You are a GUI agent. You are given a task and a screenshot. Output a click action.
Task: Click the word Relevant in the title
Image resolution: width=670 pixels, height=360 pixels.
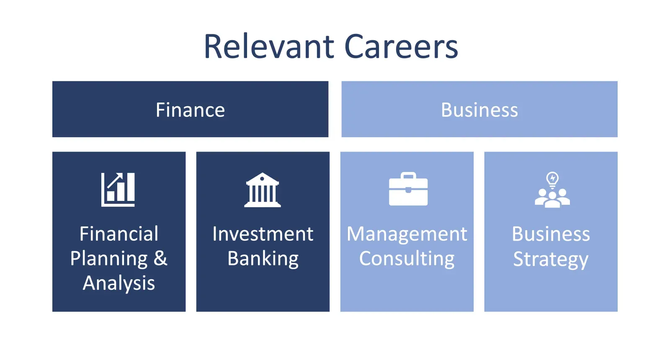[269, 47]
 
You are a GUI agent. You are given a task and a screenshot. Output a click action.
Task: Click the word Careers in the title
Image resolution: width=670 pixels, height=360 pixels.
[401, 47]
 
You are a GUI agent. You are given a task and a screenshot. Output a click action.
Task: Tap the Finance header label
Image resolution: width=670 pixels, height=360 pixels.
[190, 110]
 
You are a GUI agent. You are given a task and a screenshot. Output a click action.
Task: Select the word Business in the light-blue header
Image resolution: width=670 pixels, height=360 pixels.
[479, 110]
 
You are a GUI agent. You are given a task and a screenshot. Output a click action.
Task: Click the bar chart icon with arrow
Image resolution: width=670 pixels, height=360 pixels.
[118, 190]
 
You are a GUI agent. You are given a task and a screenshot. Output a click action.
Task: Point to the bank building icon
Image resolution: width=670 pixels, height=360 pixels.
[262, 190]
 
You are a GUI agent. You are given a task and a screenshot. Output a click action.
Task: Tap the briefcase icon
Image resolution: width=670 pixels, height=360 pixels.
[408, 189]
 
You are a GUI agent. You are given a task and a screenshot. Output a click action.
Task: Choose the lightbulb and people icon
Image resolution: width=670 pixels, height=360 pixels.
[552, 190]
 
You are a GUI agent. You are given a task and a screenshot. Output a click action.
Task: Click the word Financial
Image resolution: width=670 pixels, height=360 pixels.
[119, 234]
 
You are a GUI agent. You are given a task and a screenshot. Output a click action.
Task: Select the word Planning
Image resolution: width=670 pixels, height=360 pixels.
[109, 259]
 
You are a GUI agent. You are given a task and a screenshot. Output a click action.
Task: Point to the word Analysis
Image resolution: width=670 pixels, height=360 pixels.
[119, 283]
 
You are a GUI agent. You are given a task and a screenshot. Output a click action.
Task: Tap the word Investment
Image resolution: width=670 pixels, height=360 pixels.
[263, 234]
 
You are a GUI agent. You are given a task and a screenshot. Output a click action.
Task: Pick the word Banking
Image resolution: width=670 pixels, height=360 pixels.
[263, 259]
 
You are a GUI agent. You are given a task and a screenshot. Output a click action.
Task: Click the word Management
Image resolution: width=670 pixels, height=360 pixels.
[407, 234]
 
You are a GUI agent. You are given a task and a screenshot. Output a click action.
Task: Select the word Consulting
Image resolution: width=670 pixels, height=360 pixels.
[407, 259]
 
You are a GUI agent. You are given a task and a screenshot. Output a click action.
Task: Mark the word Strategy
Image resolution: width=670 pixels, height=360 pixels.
[551, 260]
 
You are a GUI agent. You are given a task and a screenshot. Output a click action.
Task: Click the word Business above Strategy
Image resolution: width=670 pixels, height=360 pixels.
[551, 234]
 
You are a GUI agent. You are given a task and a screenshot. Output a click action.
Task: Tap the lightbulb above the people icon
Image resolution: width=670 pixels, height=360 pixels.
[552, 180]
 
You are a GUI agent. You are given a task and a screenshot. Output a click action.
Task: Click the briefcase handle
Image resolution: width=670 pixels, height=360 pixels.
[408, 175]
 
